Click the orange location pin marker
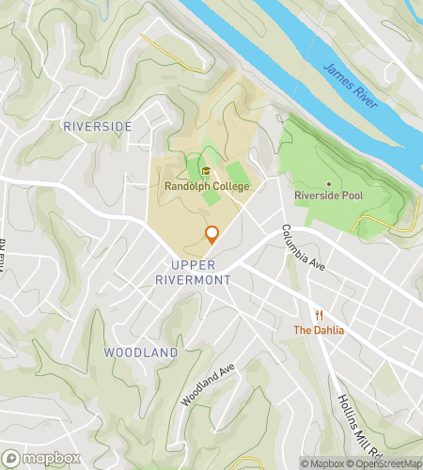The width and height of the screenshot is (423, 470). coord(211,235)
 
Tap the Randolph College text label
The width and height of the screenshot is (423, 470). coord(206,186)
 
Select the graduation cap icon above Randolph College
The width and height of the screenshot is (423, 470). coord(206,171)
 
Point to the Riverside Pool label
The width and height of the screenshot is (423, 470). coord(328,196)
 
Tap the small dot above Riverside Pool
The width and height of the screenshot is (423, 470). coord(328,183)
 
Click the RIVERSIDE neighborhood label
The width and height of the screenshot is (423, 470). coord(97,125)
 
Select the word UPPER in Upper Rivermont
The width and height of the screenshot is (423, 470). coord(195,264)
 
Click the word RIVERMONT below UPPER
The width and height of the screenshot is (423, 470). coord(195,279)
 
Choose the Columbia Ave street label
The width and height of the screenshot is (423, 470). coord(302,249)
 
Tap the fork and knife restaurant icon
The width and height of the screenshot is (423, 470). coord(319,315)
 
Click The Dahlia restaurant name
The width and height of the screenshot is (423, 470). coord(319,330)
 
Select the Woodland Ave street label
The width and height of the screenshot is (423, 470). coord(207,385)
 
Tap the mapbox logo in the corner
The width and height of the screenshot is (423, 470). coord(39,460)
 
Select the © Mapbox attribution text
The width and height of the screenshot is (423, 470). coord(322,462)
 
